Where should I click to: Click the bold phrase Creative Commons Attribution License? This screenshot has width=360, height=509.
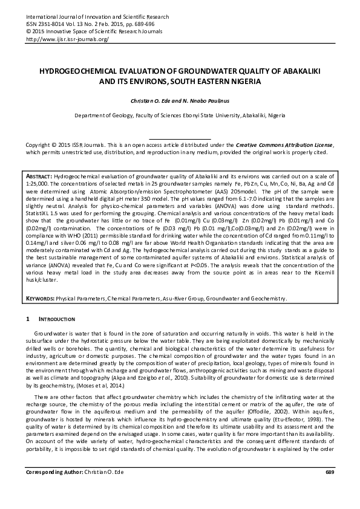click(283, 146)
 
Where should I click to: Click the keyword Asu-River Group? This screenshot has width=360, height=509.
click(181, 298)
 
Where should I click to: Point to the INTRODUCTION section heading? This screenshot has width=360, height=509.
click(58, 319)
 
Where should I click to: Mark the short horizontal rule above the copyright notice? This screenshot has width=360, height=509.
click(180, 139)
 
